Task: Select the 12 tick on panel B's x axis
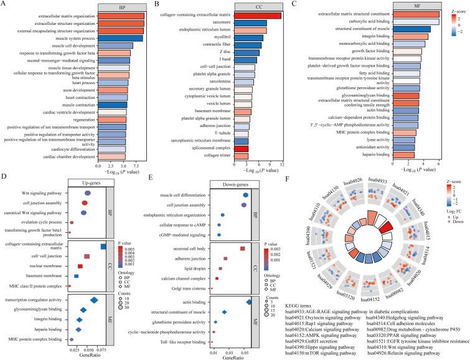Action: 282,164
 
